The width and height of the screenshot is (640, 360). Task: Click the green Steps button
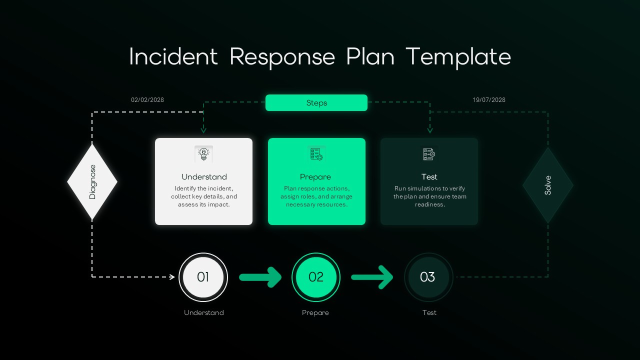coord(316,102)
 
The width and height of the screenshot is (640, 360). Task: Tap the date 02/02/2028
coord(147,100)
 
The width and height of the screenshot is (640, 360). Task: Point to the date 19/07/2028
coord(489,100)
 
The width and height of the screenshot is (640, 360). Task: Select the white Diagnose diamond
coord(92,182)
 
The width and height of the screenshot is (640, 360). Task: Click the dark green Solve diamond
coord(548,185)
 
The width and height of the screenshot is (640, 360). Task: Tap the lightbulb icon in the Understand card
coord(203,154)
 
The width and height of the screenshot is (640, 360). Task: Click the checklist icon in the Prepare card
coord(316,154)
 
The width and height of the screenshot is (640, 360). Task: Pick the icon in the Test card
coord(429,154)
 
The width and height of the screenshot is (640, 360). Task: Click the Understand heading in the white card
coord(204,177)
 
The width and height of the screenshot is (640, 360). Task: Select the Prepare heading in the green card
coord(315,177)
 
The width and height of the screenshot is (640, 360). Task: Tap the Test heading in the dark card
coord(429,177)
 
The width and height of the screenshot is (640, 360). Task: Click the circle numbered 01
coord(203,277)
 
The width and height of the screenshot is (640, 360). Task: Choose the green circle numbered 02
coord(316,277)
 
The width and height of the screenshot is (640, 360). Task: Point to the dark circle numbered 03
coord(428,277)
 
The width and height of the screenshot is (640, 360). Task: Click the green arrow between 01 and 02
coord(260,277)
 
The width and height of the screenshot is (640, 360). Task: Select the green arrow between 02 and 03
coord(372,277)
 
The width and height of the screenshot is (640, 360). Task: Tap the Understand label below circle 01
coord(204,313)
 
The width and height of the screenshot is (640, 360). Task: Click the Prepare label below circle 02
coord(315,313)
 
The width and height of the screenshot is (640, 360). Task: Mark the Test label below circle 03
coord(429,313)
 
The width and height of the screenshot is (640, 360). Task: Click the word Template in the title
coord(458,57)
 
